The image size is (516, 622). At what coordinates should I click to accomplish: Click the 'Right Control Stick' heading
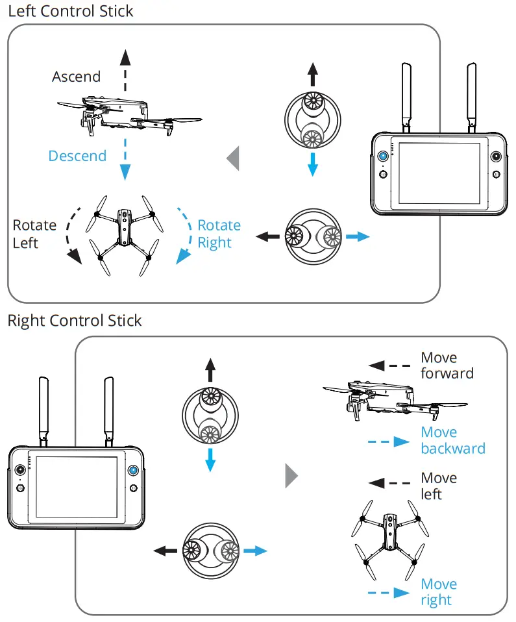coord(74,321)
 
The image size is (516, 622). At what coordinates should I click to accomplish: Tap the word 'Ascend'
coord(76,77)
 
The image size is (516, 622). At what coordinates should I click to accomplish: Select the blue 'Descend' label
coord(77,156)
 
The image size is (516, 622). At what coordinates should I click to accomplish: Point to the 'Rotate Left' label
coord(34,234)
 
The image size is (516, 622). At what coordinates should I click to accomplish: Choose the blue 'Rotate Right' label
coord(219,234)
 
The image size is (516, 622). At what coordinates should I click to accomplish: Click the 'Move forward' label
coord(447,366)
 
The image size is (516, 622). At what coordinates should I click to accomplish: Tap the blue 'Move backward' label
coord(452,440)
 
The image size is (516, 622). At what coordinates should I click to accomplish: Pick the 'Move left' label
coord(439,486)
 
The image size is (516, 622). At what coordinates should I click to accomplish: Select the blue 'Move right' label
coord(438,591)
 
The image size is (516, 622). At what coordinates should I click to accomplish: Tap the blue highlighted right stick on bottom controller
coord(133,471)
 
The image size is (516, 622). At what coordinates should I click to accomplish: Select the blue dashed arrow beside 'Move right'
coord(388,592)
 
